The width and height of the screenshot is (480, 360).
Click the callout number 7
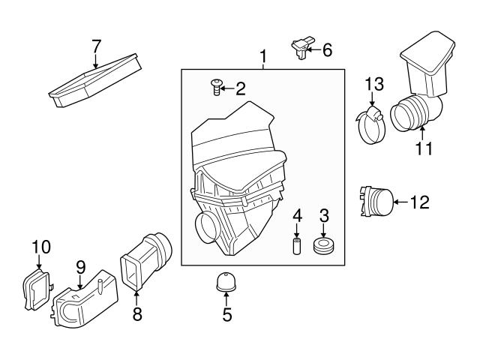(x=96, y=46)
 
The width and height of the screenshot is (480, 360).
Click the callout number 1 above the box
(x=263, y=57)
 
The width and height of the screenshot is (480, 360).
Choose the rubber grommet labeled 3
(x=324, y=247)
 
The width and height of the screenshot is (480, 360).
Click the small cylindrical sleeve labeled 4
(x=297, y=247)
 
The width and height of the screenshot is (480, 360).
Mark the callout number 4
(x=297, y=217)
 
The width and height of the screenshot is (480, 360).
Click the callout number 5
(x=227, y=315)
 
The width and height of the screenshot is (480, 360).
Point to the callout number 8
(x=136, y=315)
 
